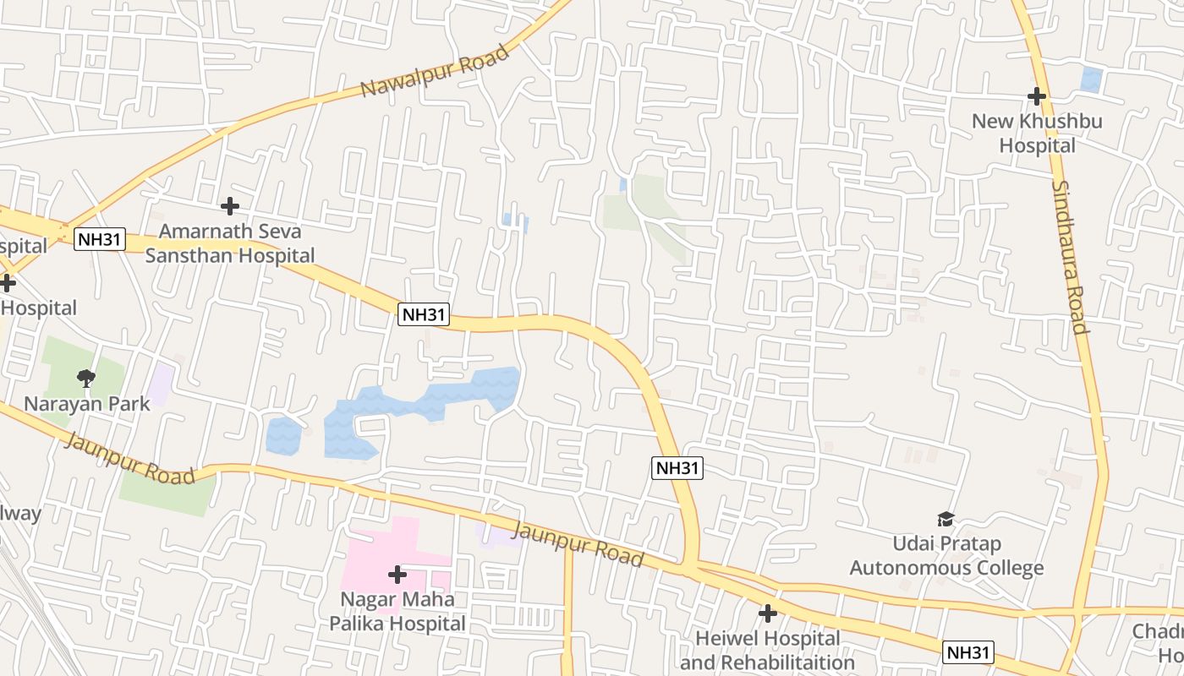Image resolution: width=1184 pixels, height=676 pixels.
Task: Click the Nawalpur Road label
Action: [436, 70]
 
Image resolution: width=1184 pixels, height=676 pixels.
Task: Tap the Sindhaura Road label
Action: [1069, 257]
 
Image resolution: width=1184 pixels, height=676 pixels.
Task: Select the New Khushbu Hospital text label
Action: [1037, 134]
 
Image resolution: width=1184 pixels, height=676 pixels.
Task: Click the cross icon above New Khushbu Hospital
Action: [1037, 96]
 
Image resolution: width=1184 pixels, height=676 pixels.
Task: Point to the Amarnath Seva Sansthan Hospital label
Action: [230, 243]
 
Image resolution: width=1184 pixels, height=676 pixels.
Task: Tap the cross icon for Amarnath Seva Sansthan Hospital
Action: [229, 205]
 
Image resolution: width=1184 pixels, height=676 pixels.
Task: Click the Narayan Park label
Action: [86, 403]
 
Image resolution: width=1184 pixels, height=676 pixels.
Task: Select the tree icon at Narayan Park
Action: [85, 377]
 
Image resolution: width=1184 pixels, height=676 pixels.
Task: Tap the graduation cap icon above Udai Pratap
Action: [946, 518]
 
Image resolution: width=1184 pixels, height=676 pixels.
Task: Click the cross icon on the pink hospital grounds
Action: [397, 575]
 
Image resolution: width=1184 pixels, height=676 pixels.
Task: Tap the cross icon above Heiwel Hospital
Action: [767, 613]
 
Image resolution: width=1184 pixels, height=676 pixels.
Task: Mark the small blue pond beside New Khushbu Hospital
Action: [1091, 79]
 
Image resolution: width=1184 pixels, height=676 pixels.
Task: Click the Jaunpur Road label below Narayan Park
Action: [129, 458]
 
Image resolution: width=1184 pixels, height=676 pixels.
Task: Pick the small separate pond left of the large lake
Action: [283, 435]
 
